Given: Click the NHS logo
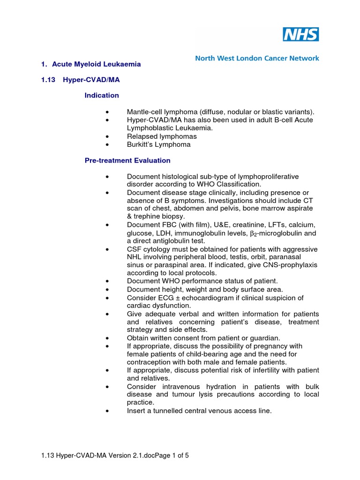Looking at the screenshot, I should (300, 34).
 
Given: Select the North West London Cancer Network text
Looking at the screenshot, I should (257, 59).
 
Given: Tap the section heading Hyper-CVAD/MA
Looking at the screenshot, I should (99, 80).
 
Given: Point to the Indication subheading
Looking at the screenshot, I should (102, 95).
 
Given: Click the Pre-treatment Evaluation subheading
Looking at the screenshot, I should (127, 160).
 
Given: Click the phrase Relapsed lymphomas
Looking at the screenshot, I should (162, 136).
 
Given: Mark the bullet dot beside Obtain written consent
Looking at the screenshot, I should (108, 338).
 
